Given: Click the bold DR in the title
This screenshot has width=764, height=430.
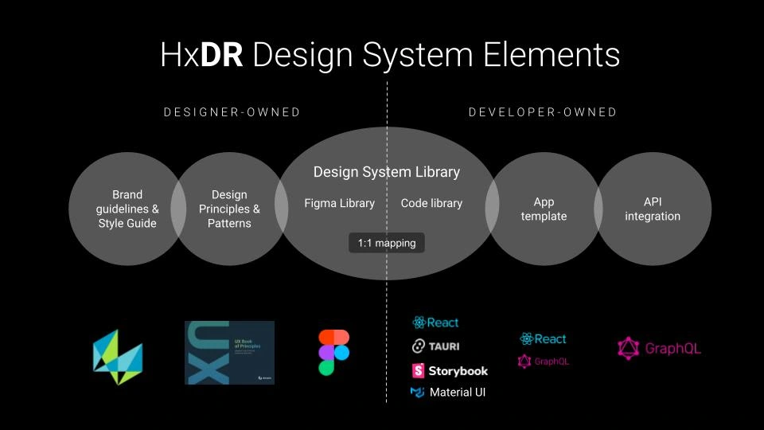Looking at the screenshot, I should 221,55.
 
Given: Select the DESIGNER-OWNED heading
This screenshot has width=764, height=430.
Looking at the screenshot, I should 232,112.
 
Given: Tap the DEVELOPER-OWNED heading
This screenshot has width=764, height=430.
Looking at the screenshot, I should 543,112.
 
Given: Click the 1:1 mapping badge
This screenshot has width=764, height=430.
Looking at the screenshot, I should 387,243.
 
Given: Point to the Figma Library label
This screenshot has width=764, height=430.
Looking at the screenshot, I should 339,203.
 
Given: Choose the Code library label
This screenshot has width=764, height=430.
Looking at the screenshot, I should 431,203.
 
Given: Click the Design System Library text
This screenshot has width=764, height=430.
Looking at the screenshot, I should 387,172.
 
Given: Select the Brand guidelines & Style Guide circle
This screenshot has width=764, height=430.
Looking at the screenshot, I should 127,209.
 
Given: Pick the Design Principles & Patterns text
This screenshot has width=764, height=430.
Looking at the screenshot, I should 229,209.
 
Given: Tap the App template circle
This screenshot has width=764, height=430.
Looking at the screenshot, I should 544,209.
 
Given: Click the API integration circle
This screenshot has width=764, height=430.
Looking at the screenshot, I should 653,209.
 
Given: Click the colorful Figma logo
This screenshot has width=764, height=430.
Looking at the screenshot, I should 334,352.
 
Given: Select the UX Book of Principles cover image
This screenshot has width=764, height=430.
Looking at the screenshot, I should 229,353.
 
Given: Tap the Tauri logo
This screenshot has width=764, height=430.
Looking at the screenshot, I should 435,346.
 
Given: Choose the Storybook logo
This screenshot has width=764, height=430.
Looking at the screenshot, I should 450,370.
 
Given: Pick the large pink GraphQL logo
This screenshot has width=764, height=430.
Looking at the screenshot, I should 659,348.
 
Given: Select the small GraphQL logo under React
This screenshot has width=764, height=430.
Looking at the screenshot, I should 544,362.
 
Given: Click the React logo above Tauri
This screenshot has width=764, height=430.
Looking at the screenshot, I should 435,322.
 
